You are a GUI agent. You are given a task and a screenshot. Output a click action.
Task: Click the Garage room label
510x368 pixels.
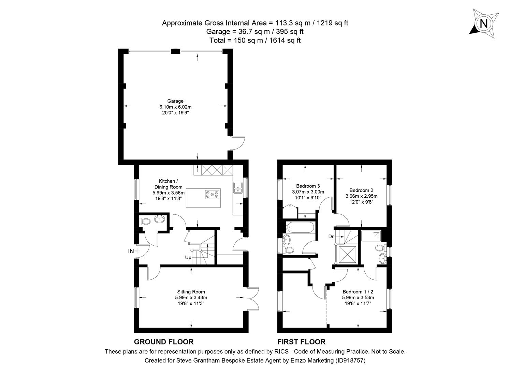(175, 101)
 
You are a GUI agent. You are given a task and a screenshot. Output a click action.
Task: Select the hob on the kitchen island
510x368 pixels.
(212, 194)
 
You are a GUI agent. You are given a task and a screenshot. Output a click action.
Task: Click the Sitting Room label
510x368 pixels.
(191, 292)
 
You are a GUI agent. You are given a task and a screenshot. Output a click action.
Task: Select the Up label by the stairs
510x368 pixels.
(188, 258)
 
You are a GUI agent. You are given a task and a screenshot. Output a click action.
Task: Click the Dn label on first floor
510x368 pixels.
(331, 236)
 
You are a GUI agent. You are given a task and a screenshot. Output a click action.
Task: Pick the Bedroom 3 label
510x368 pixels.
(308, 186)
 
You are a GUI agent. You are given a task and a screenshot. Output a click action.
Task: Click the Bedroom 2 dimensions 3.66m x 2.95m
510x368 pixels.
(361, 196)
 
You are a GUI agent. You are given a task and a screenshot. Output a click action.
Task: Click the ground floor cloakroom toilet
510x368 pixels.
(146, 221)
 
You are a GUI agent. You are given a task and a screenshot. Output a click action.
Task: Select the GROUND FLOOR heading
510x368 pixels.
(164, 342)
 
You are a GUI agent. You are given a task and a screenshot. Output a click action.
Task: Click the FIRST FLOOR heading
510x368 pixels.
(301, 342)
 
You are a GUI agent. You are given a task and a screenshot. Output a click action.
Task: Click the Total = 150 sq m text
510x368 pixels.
(255, 41)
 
